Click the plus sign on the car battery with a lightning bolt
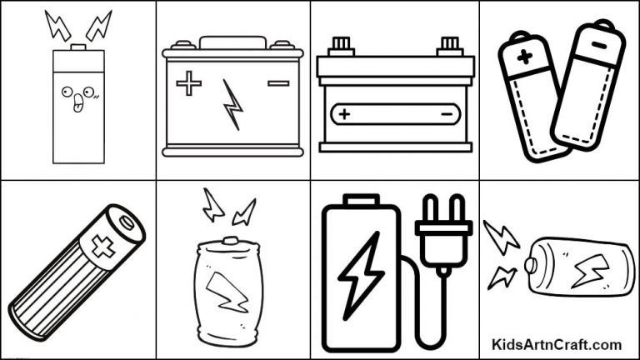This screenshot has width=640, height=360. (189, 83)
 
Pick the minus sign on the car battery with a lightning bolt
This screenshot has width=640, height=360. (277, 82)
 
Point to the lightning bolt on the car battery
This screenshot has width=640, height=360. (233, 104)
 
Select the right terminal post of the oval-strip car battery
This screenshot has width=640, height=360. (449, 42)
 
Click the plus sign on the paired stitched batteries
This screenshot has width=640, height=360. (524, 58)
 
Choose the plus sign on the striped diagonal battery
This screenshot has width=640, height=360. (102, 248)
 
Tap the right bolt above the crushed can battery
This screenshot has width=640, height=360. (244, 212)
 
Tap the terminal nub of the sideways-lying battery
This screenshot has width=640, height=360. (529, 265)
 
